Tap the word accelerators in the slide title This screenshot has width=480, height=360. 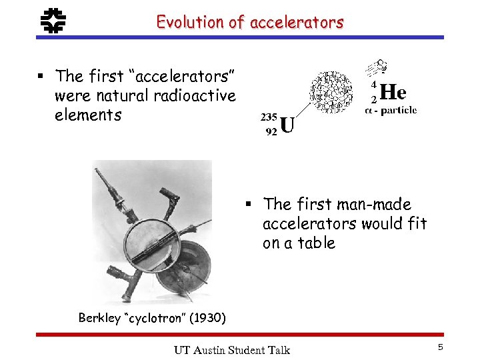(x=297, y=22)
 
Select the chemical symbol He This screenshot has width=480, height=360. (x=393, y=92)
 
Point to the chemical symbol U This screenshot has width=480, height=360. (x=287, y=125)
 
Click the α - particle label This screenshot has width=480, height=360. (x=391, y=109)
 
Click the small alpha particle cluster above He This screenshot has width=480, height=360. (x=377, y=69)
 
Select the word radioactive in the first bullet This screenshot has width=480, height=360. (x=195, y=95)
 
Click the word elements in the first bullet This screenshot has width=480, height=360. (x=88, y=115)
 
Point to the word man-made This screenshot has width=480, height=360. (x=375, y=204)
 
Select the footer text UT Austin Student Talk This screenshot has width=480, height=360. (x=231, y=350)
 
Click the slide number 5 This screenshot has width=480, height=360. (x=440, y=347)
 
